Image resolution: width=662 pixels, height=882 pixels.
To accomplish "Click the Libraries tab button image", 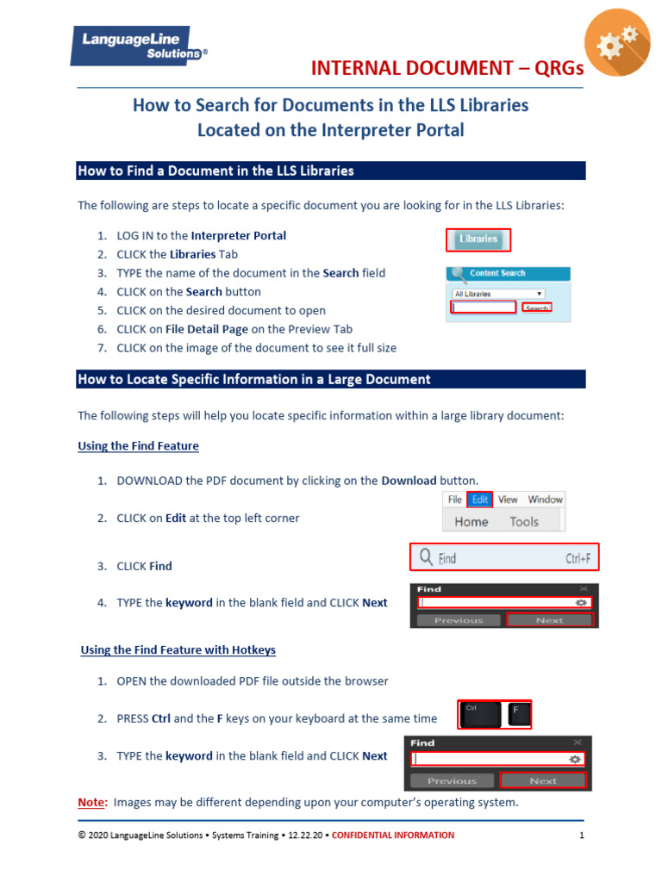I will (x=478, y=239).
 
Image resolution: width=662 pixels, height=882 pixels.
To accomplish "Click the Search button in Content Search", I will (x=537, y=307).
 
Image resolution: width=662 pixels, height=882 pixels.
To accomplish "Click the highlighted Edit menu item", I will (x=480, y=500).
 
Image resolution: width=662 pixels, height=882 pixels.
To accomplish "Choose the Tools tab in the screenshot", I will (x=523, y=521).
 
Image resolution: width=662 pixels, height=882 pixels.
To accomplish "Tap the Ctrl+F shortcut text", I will (x=578, y=558).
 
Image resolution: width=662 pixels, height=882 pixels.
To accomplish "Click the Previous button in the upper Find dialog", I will (x=458, y=620).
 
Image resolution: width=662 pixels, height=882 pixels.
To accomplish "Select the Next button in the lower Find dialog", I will (x=543, y=781).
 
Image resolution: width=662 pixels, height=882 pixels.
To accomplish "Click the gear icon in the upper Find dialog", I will (x=583, y=604).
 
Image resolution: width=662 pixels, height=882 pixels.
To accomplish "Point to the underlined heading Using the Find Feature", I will (x=138, y=446).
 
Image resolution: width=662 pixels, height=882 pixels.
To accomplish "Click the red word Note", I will (x=92, y=803).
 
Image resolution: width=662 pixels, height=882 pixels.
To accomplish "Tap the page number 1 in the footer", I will (x=582, y=835).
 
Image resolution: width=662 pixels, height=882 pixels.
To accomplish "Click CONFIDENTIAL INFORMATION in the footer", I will (x=393, y=835).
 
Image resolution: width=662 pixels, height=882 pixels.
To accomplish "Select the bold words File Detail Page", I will (x=208, y=329).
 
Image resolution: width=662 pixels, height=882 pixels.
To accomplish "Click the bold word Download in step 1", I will (x=409, y=480).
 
